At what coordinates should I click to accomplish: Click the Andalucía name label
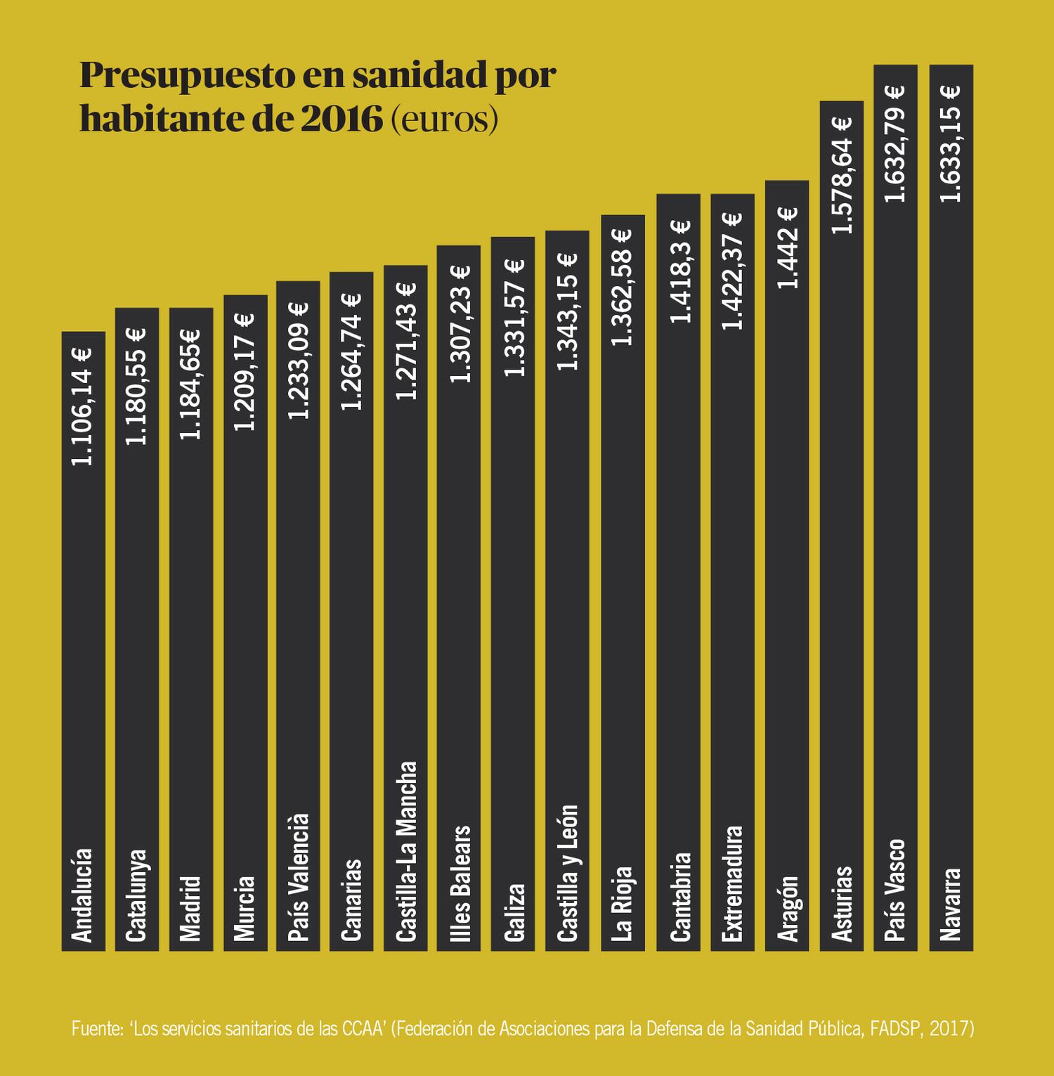click(83, 895)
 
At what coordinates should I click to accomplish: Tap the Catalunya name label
click(136, 895)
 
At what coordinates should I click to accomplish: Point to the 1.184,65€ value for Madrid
click(190, 384)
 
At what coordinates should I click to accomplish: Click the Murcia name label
click(245, 908)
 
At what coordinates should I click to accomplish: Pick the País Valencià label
click(298, 877)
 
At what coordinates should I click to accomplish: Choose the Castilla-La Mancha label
click(405, 851)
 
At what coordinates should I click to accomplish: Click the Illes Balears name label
click(459, 883)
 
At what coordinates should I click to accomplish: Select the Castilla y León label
click(567, 873)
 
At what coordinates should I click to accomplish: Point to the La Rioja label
click(623, 904)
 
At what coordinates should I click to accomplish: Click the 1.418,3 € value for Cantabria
click(679, 271)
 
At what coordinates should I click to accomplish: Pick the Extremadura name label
click(733, 883)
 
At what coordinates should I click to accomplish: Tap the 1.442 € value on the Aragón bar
click(787, 247)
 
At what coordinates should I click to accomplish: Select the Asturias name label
click(842, 904)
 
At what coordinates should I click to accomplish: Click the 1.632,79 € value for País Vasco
click(895, 143)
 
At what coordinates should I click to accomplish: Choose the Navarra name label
click(951, 905)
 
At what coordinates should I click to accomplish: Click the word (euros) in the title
click(443, 119)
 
